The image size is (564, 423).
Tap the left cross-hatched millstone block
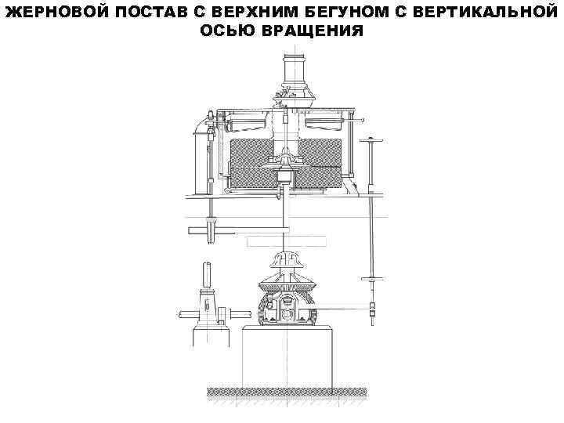tap(249, 161)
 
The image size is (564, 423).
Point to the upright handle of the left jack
tap(208, 276)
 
